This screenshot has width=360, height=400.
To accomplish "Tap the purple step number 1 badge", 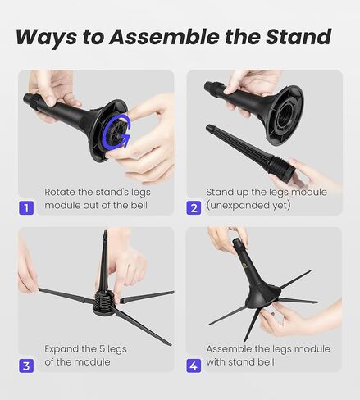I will click(27, 207).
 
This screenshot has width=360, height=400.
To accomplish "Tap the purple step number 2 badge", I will click(194, 207).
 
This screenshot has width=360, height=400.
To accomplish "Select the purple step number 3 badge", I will click(27, 364).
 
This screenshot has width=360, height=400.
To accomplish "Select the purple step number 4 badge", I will click(194, 364).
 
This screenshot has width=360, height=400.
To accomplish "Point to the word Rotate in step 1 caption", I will click(62, 193).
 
